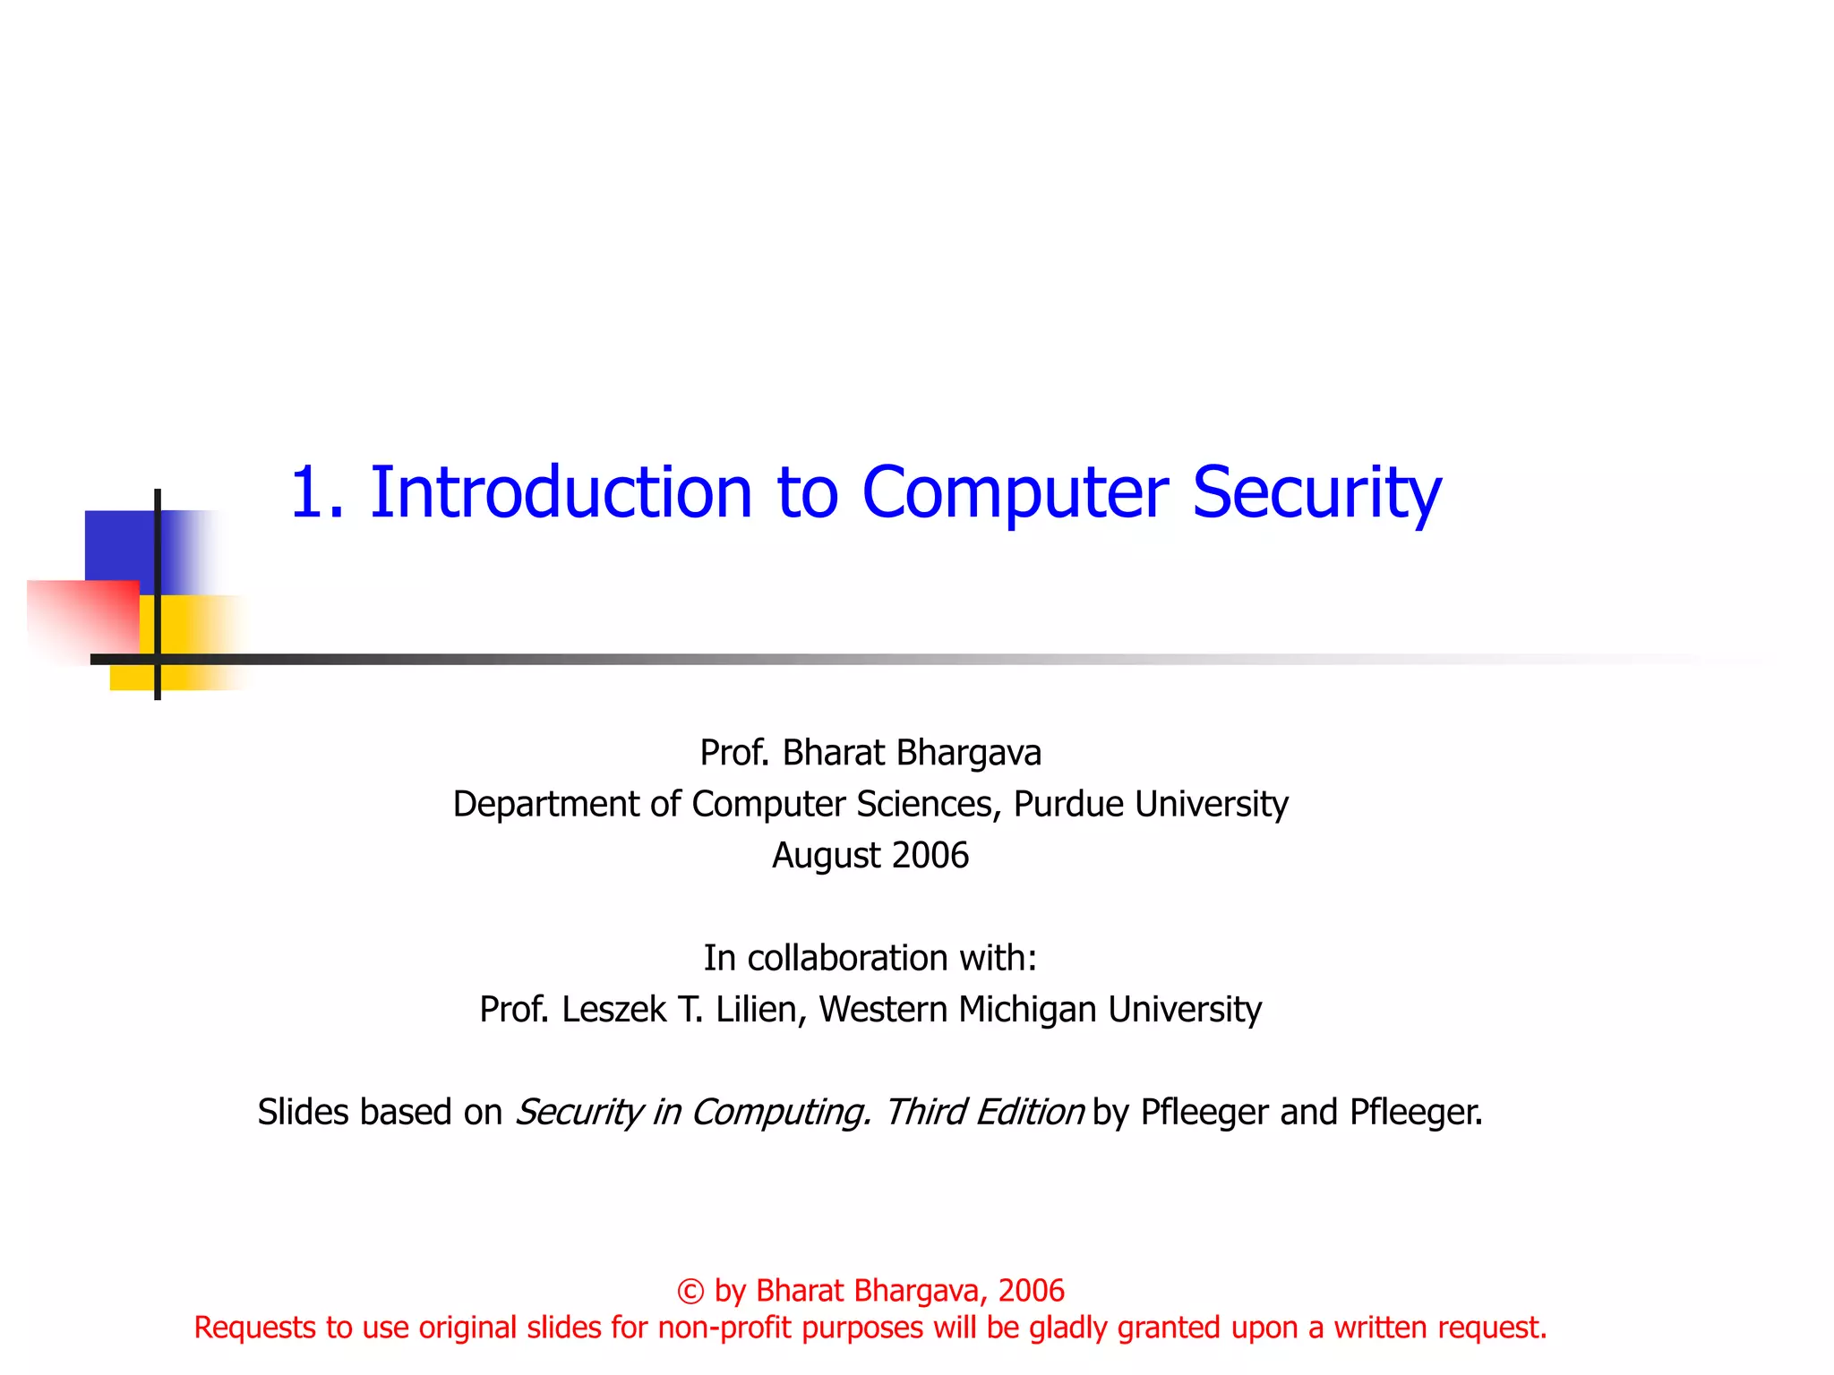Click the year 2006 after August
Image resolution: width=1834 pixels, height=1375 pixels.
(x=930, y=856)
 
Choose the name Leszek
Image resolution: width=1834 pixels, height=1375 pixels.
(x=613, y=1010)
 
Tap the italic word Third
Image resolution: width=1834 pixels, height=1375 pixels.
(x=924, y=1113)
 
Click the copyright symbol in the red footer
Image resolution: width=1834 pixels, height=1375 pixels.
(x=690, y=1292)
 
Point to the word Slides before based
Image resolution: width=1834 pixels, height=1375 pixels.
(x=303, y=1113)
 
